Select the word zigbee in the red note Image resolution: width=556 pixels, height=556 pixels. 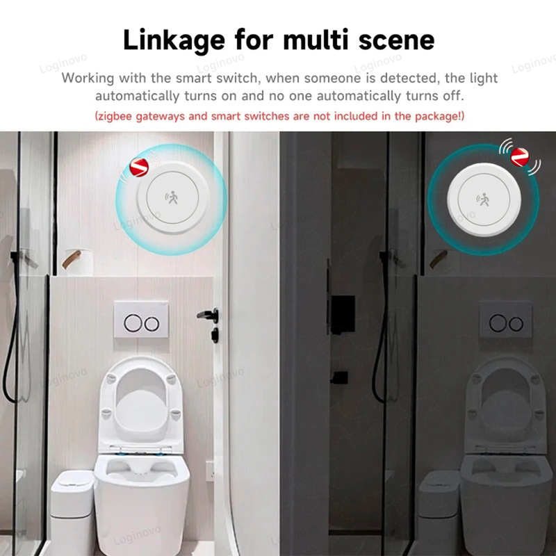[115, 116]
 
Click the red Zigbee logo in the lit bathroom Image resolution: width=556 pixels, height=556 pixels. [138, 167]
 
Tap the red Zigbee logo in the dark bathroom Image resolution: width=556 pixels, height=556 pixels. [519, 157]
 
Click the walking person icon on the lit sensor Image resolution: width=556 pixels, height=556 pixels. [172, 198]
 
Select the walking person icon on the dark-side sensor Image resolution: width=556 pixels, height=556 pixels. [483, 199]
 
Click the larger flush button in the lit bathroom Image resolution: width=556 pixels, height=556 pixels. [133, 323]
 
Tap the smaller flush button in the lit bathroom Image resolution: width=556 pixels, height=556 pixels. [152, 324]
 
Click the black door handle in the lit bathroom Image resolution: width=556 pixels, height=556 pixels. [208, 315]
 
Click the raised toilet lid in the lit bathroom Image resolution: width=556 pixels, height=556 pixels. [141, 405]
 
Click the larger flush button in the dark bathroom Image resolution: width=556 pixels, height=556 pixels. [498, 323]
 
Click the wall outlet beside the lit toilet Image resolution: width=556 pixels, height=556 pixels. [210, 471]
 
